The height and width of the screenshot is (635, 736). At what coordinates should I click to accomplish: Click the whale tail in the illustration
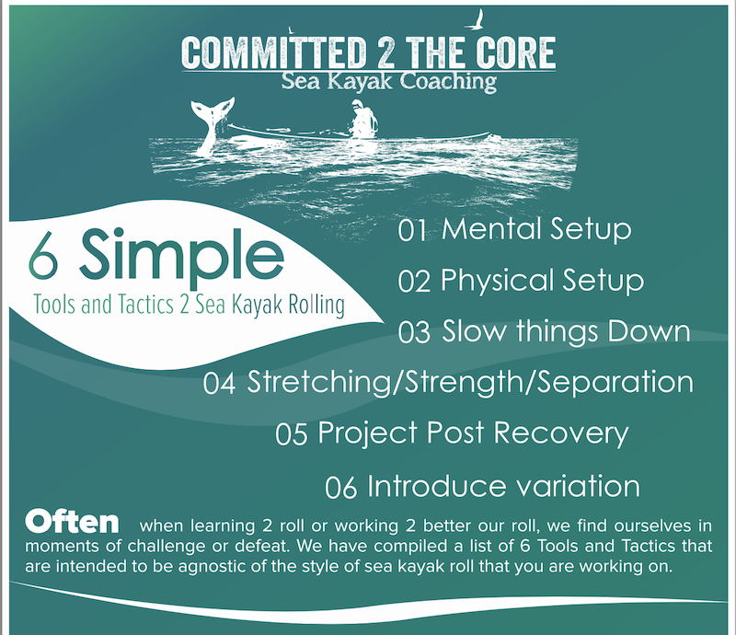(213, 123)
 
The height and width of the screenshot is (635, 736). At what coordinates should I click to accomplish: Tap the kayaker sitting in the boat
(363, 120)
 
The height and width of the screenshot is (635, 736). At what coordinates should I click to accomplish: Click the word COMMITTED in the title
(274, 52)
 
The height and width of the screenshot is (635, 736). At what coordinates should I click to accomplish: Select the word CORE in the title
(515, 52)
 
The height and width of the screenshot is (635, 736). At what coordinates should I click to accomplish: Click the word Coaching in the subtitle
(448, 82)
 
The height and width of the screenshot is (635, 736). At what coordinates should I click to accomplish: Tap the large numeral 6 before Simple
(43, 260)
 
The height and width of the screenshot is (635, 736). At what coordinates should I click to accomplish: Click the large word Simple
(181, 258)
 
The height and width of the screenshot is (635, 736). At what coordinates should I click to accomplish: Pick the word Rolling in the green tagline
(316, 306)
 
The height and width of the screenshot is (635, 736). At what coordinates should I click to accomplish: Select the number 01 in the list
(412, 230)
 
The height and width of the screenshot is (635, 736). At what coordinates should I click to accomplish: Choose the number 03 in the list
(414, 332)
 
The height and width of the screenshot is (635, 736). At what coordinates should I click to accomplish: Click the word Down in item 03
(649, 330)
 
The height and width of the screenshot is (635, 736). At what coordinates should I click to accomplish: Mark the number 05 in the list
(291, 433)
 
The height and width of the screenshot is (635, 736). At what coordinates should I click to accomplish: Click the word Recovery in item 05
(561, 433)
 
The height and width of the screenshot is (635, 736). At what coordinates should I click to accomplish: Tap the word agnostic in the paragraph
(213, 566)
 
